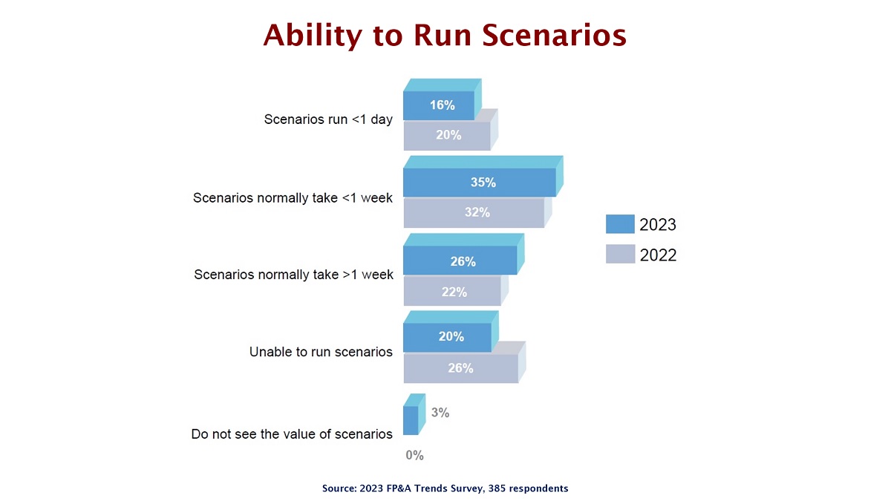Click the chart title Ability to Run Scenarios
click(445, 35)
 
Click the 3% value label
click(440, 413)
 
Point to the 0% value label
click(414, 455)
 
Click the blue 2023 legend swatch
click(620, 224)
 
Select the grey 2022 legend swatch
click(620, 254)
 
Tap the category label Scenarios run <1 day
click(328, 119)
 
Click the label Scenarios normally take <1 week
click(293, 197)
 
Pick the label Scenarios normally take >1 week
click(293, 275)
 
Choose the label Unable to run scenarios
click(321, 352)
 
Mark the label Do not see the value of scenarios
click(292, 433)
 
